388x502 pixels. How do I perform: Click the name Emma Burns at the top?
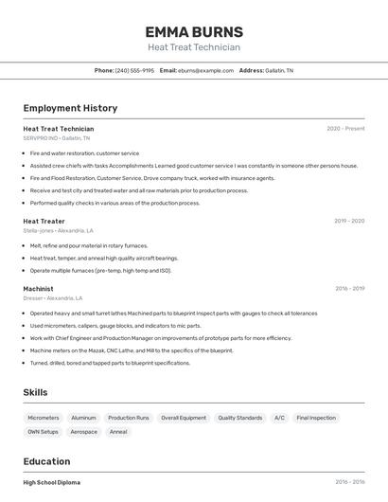pos(194,31)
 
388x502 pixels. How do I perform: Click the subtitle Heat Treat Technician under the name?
pos(194,47)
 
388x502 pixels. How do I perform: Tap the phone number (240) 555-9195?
pos(134,70)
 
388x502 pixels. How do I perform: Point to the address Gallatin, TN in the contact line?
pos(279,70)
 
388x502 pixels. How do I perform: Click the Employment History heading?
pos(70,108)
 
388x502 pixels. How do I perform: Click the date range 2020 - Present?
pos(345,128)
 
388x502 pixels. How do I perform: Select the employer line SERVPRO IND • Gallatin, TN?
pos(58,137)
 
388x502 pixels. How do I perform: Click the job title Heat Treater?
pos(44,221)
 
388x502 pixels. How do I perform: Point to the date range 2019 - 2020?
pos(349,221)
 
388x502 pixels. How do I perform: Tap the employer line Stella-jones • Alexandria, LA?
pos(59,230)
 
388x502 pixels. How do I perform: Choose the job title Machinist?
pos(38,289)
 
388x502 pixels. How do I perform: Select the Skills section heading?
pos(36,392)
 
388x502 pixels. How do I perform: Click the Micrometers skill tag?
pos(44,418)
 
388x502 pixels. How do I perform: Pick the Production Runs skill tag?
pos(129,418)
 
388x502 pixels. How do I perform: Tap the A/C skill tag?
pos(279,418)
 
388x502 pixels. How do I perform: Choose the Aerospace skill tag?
pos(83,432)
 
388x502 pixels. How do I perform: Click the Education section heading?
pos(46,461)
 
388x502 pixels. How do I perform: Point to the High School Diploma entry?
pos(52,482)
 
